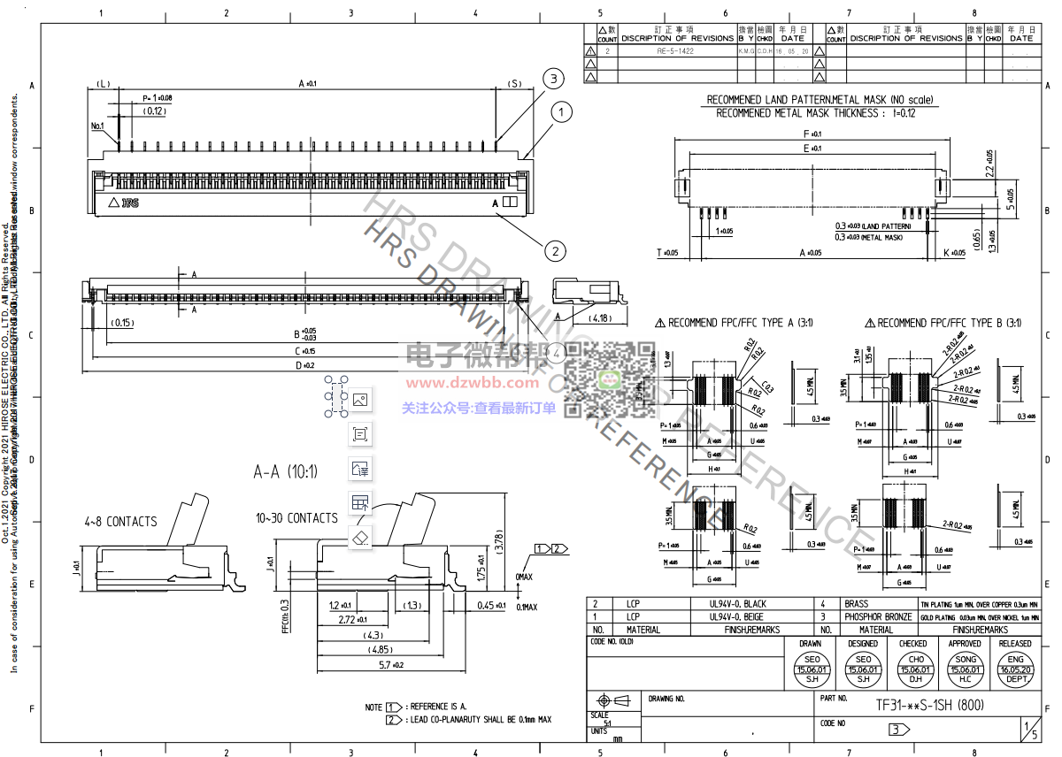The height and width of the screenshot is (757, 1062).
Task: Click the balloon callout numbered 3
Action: [553, 79]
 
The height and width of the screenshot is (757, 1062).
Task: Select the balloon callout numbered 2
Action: [555, 251]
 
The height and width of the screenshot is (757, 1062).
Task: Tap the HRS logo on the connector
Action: [130, 203]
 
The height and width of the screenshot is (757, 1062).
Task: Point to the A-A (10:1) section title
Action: [285, 470]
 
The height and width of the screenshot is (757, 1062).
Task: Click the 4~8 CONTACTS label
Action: [121, 522]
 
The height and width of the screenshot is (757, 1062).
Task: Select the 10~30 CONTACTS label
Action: [296, 518]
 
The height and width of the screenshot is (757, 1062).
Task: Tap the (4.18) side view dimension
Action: [599, 317]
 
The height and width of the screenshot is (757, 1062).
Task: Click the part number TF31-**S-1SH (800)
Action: [929, 705]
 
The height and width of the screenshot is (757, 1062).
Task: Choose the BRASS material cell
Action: [857, 602]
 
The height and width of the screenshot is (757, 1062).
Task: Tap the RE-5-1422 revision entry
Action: [674, 51]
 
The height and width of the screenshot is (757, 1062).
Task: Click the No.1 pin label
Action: [97, 126]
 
